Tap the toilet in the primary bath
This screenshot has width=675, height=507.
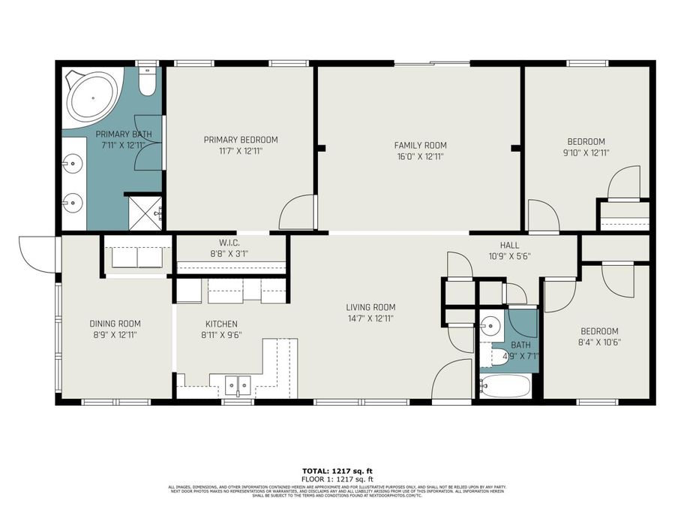[148, 81]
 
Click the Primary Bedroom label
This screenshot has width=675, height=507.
[241, 140]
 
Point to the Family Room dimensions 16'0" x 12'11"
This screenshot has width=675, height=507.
[420, 157]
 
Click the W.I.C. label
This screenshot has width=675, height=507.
[229, 243]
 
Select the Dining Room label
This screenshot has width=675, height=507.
[115, 324]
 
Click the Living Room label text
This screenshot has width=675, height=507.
[370, 307]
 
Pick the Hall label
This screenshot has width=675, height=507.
[509, 245]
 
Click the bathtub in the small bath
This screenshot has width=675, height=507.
[505, 387]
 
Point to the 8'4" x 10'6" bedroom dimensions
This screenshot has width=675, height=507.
[599, 343]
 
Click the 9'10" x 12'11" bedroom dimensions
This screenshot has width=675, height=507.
[586, 152]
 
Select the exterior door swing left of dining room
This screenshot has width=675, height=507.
[34, 253]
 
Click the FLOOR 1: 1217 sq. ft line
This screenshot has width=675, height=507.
[337, 478]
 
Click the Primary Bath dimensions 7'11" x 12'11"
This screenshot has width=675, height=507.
[123, 144]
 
